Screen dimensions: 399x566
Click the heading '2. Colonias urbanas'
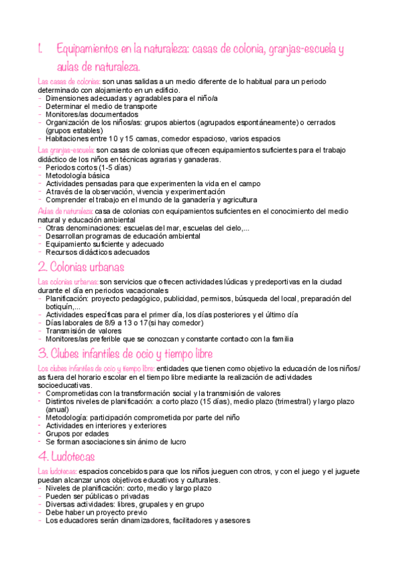[81, 267]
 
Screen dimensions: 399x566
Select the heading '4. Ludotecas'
[67, 457]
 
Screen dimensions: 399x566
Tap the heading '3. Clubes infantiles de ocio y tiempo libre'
[126, 353]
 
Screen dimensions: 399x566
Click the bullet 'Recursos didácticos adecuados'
[97, 252]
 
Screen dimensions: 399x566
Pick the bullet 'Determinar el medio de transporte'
[101, 106]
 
